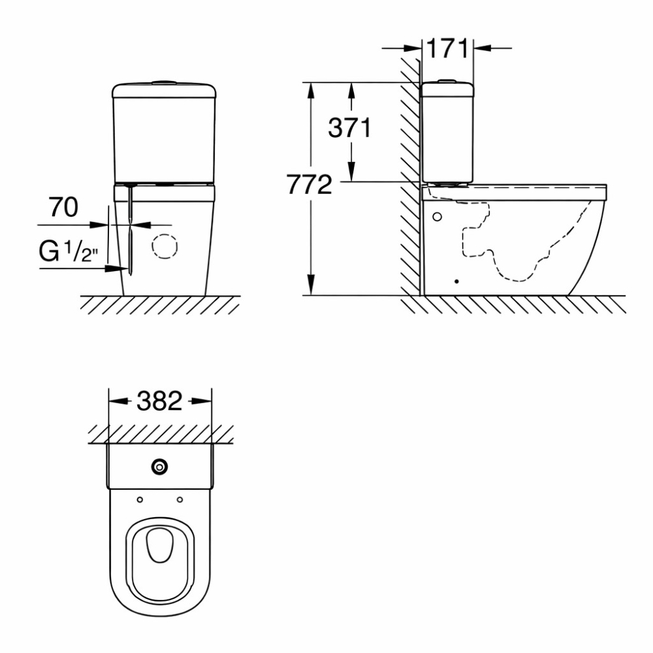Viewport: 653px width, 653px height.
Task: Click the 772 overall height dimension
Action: (308, 186)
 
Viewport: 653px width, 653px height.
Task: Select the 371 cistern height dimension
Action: (349, 128)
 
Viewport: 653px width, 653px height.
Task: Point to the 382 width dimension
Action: (159, 401)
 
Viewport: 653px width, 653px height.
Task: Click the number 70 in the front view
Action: (64, 207)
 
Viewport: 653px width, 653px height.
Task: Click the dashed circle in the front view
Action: (164, 246)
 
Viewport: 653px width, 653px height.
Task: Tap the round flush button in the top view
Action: (159, 466)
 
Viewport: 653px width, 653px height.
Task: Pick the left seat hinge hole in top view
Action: (140, 500)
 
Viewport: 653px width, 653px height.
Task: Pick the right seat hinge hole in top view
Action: (179, 500)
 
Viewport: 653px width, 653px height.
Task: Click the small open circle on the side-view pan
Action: (437, 216)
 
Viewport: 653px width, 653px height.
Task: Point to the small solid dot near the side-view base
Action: (456, 281)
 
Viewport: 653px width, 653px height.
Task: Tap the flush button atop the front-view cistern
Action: (164, 82)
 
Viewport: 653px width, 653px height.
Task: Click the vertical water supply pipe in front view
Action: (131, 229)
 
